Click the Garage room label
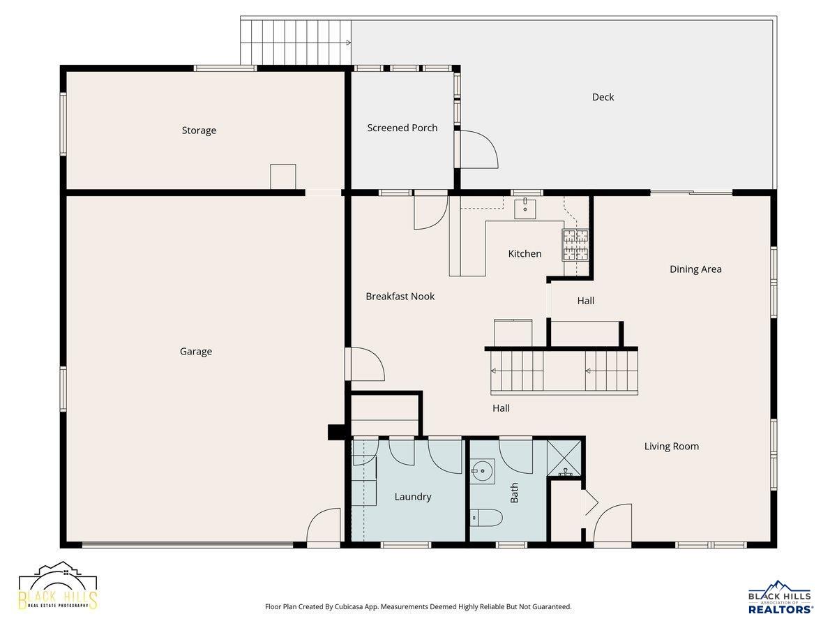pos(195,351)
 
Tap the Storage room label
pos(199,130)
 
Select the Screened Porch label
pos(402,128)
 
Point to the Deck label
pos(603,97)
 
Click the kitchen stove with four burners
pos(575,245)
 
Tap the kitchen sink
pos(525,208)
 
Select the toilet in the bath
pos(485,518)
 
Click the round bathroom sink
pos(482,471)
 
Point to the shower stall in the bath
pos(564,458)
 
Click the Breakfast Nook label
pos(400,297)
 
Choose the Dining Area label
pos(695,269)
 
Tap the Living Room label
pos(672,446)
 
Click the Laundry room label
pos(413,496)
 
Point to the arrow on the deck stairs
pos(348,43)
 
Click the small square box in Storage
pos(283,177)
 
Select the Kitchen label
pos(525,253)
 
